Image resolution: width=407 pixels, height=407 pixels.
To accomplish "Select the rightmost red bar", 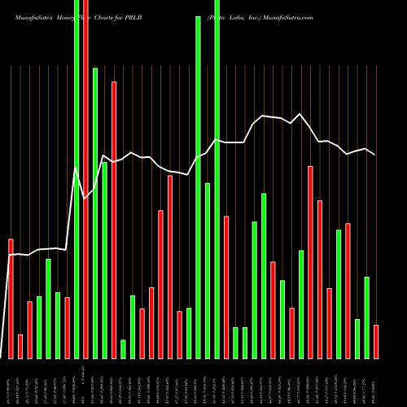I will click(x=376, y=342).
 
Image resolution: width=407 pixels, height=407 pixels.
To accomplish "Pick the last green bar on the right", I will click(x=366, y=317).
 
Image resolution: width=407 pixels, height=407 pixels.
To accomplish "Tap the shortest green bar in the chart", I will click(x=124, y=349).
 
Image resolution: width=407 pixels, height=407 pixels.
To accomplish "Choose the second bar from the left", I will click(x=20, y=346).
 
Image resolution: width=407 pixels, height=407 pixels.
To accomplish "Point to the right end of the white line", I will click(x=375, y=155).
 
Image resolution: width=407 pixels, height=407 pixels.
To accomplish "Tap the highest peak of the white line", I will click(x=300, y=114).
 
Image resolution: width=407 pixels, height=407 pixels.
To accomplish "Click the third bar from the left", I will click(x=29, y=330).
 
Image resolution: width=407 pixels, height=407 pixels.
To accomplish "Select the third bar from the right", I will click(x=357, y=339).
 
